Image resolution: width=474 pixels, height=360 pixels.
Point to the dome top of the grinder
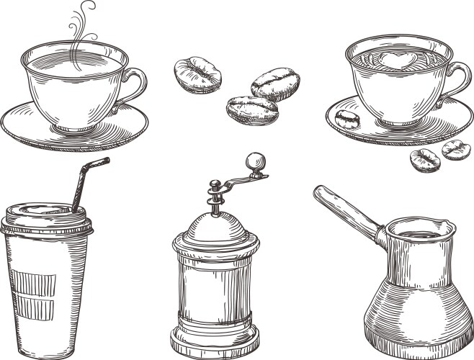pyautogui.click(x=214, y=227)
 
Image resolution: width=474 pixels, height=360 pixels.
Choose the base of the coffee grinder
pyautogui.click(x=214, y=341)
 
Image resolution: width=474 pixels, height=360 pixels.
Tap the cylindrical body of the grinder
pyautogui.click(x=214, y=288)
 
